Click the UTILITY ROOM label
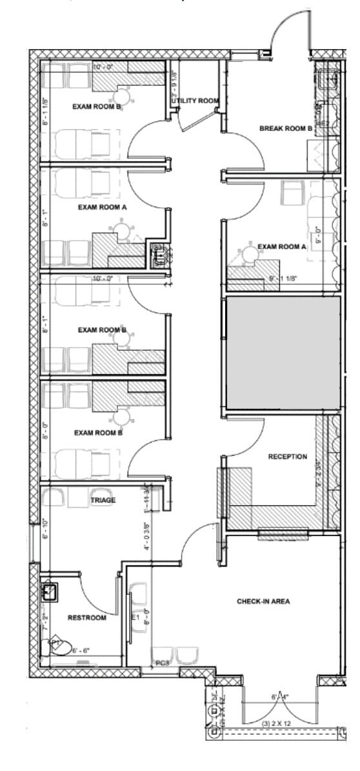click(x=196, y=101)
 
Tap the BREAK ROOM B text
click(x=286, y=128)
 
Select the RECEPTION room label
click(x=288, y=457)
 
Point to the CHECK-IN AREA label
click(x=263, y=601)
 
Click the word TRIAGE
click(x=103, y=500)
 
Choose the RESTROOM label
click(x=86, y=618)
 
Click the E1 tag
click(x=135, y=617)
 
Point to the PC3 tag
click(x=163, y=663)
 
